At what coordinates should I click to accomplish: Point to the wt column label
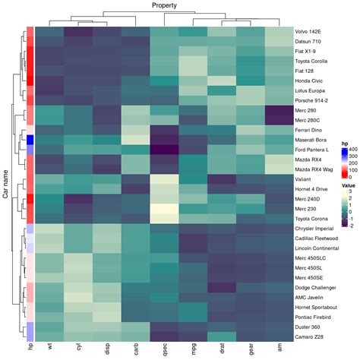[x=49, y=346]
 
